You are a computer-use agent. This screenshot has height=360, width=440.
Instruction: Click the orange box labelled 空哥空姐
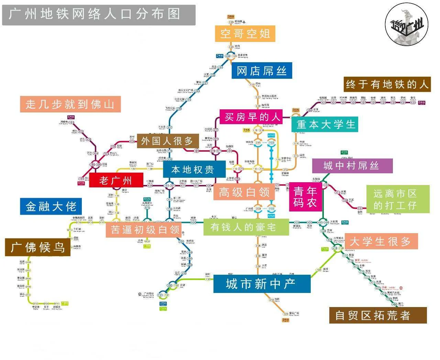click(x=245, y=33)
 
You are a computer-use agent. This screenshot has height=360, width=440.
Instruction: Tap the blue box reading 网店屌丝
click(x=262, y=71)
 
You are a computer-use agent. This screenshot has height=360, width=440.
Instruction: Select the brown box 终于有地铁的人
click(x=387, y=84)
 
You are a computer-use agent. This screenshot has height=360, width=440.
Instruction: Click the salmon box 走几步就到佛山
click(x=70, y=104)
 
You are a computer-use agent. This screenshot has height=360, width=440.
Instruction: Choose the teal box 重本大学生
click(x=325, y=124)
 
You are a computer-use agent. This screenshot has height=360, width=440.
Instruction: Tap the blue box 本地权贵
click(x=192, y=170)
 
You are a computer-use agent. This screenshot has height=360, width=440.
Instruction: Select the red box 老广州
click(x=116, y=180)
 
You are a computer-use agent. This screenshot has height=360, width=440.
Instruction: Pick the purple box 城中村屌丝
click(x=352, y=166)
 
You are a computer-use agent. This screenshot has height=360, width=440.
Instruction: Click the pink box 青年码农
click(x=305, y=197)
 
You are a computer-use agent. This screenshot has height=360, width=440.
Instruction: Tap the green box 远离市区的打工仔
click(x=397, y=199)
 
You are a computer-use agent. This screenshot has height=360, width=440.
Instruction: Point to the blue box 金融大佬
click(x=51, y=206)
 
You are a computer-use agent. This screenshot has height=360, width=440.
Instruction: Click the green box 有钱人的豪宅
click(x=246, y=227)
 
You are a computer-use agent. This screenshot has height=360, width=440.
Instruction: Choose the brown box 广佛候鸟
click(x=37, y=247)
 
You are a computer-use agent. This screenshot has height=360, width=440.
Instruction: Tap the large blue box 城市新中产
click(x=262, y=284)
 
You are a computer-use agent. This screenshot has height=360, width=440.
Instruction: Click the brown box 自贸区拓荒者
click(x=378, y=315)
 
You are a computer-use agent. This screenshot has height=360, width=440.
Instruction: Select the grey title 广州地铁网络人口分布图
click(x=99, y=15)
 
